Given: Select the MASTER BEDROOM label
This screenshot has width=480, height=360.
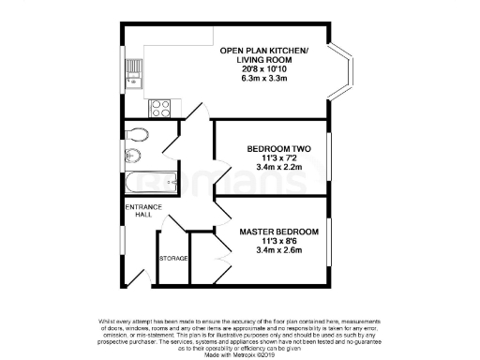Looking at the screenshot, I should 278,232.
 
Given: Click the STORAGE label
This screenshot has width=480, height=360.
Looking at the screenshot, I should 173,258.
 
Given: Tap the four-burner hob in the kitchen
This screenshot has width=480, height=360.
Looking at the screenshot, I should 158,107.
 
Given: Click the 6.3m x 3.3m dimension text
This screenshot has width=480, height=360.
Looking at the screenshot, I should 265,79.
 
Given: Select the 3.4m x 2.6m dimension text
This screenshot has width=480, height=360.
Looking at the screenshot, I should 278,251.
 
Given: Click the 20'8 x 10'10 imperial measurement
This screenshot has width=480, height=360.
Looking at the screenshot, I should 265,69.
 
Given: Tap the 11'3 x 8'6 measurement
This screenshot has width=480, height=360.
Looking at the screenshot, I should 278,241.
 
